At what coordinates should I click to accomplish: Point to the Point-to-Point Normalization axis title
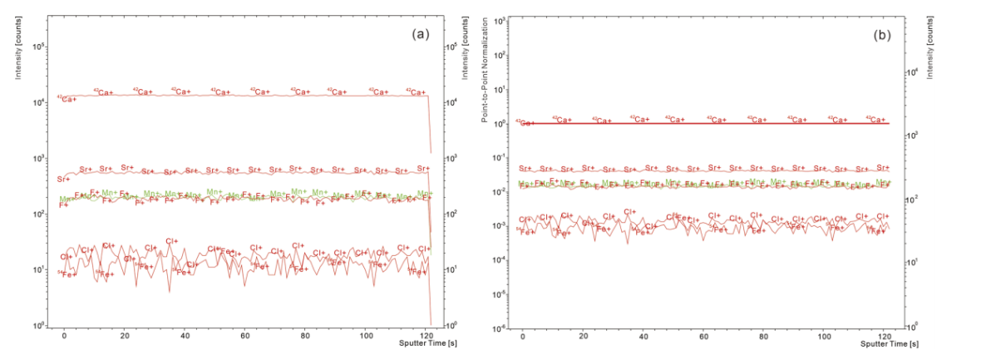click(485, 75)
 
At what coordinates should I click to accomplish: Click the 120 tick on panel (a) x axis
click(426, 334)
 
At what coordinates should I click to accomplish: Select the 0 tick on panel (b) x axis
click(522, 334)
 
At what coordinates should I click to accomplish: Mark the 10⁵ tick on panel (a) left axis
click(38, 47)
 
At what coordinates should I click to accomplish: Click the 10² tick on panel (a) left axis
click(38, 215)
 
